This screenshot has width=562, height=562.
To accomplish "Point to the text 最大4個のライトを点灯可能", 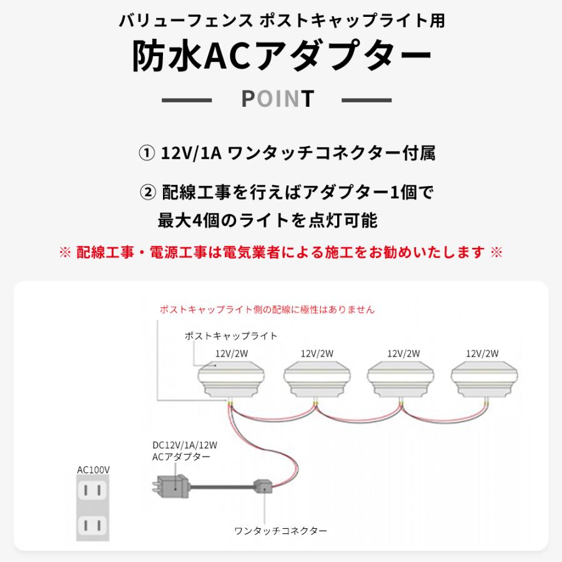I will coord(268,220).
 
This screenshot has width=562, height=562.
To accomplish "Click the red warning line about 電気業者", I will coord(281,252).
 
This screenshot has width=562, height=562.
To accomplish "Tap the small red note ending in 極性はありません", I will coord(267,309).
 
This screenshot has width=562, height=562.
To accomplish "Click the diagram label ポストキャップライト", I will coord(231,336).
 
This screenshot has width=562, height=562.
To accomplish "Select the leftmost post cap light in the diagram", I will coord(229,381).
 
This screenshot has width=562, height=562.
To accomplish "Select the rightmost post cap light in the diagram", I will coord(483,381).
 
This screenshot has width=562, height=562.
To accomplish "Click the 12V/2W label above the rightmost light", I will coord(482,353).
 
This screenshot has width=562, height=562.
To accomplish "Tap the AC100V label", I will coord(89,469).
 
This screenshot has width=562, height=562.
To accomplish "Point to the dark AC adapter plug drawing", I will coord(172,485).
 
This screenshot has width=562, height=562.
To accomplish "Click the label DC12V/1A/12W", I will coord(180,446).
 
